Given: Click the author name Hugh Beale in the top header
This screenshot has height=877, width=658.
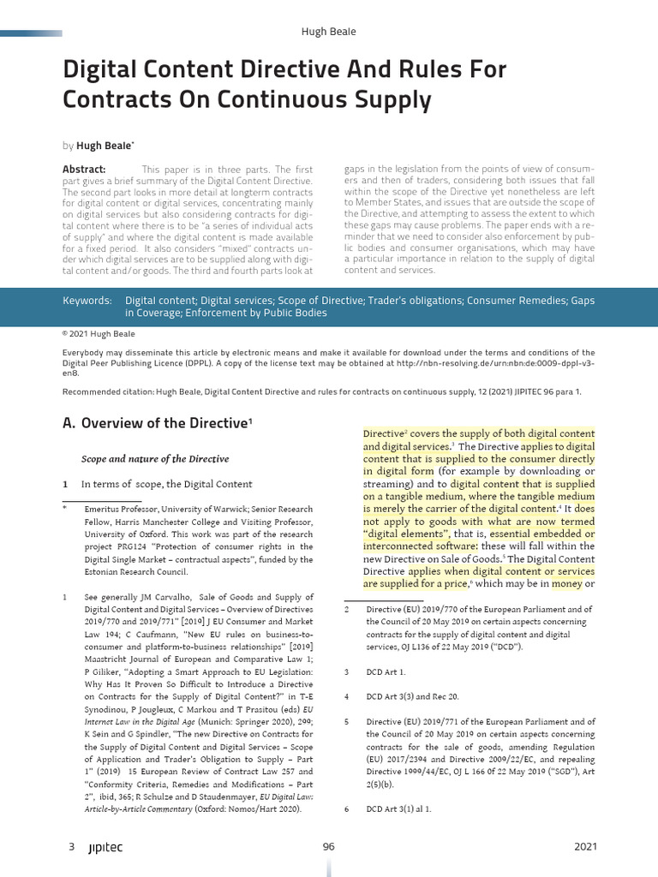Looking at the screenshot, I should [328, 32].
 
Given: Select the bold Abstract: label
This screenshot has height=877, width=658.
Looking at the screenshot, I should [84, 170].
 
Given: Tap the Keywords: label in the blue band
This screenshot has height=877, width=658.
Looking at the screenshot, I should [87, 301].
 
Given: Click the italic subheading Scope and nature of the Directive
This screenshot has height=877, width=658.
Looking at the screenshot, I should [155, 459].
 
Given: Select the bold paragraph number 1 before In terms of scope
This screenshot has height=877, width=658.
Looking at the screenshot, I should [65, 484].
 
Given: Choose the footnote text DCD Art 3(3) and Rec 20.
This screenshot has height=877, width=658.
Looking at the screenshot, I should [412, 696].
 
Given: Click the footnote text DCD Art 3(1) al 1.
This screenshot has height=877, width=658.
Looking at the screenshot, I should [398, 808].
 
